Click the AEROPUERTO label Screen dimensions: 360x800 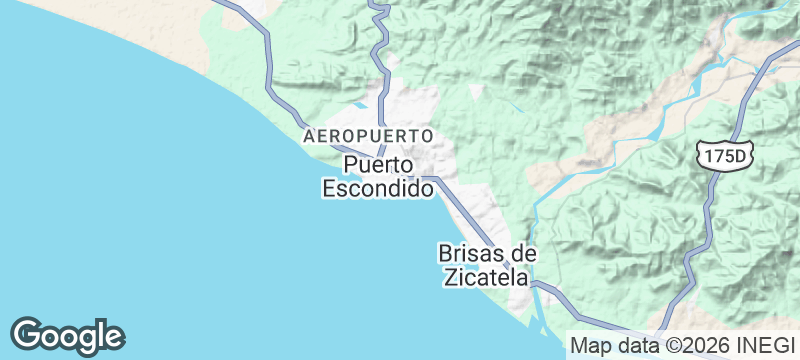(x=368, y=134)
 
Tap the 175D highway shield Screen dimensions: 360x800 (x=725, y=155)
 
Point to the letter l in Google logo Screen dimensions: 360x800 (x=103, y=333)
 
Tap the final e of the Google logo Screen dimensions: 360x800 (x=114, y=337)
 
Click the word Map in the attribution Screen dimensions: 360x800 (x=590, y=346)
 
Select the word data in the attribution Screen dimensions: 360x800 (x=636, y=346)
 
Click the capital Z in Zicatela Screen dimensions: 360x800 (x=451, y=277)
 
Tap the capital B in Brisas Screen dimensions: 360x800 (x=446, y=253)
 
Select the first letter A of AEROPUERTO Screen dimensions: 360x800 (x=308, y=134)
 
